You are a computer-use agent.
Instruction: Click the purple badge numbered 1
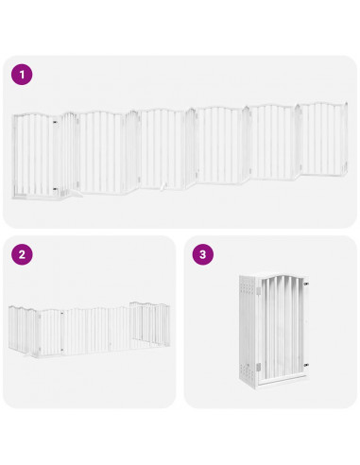coord(22,74)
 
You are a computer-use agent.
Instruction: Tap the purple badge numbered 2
coord(22,254)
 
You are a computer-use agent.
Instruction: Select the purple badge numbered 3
coord(202,254)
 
